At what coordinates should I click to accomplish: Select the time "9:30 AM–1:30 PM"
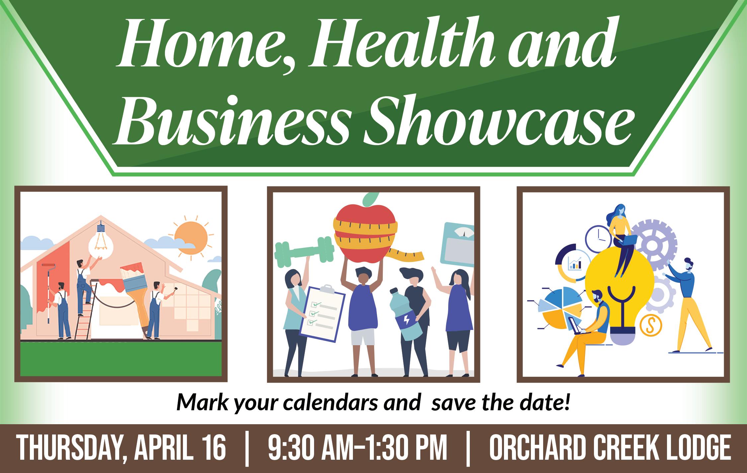click(358, 448)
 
